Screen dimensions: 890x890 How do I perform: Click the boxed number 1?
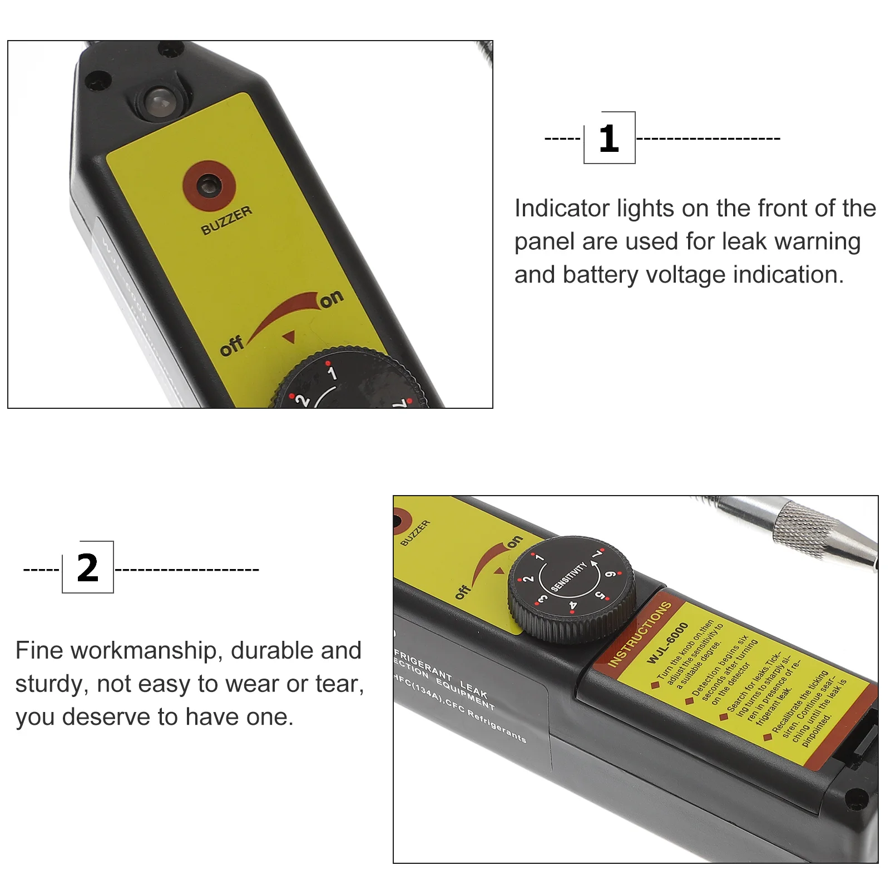point(609,138)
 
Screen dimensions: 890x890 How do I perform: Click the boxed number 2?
point(88,568)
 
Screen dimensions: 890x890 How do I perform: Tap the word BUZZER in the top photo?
point(226,220)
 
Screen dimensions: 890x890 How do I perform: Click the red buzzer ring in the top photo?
point(209,186)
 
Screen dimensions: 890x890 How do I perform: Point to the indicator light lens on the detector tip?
point(159,102)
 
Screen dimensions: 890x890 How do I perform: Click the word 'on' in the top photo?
point(332,299)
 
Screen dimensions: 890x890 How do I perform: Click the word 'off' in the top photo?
point(231,345)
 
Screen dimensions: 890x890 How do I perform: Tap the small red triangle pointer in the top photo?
point(289,337)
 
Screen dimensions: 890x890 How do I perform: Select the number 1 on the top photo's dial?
point(332,373)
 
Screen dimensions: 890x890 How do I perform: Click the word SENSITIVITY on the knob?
point(568,576)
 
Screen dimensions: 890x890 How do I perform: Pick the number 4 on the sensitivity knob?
point(573,605)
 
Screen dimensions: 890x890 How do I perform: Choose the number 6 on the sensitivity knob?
point(610,574)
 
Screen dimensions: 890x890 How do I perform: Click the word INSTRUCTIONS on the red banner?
point(640,634)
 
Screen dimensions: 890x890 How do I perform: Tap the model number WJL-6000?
point(667,642)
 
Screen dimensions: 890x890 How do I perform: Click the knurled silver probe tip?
point(807,528)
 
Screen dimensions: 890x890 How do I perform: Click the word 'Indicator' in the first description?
point(562,209)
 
